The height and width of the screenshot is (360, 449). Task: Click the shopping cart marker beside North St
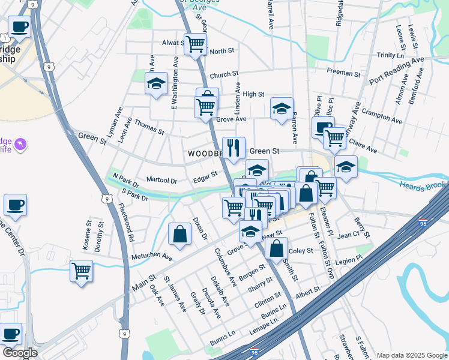click(x=196, y=44)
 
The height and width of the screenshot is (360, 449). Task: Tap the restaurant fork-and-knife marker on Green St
click(x=233, y=146)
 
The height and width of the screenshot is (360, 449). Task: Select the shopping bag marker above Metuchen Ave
click(x=179, y=234)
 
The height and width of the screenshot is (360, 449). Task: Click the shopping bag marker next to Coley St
click(x=276, y=248)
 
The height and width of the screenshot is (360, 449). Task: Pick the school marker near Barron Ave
click(x=282, y=109)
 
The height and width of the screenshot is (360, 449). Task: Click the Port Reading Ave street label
click(x=396, y=71)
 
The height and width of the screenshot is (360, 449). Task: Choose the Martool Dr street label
click(x=162, y=181)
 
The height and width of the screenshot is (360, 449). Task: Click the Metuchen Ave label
click(x=152, y=257)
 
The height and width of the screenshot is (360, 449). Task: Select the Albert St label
click(x=308, y=291)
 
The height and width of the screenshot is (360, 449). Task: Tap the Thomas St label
click(x=149, y=128)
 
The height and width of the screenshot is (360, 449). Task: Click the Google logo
click(x=19, y=353)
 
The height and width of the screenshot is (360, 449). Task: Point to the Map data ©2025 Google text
click(x=411, y=355)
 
